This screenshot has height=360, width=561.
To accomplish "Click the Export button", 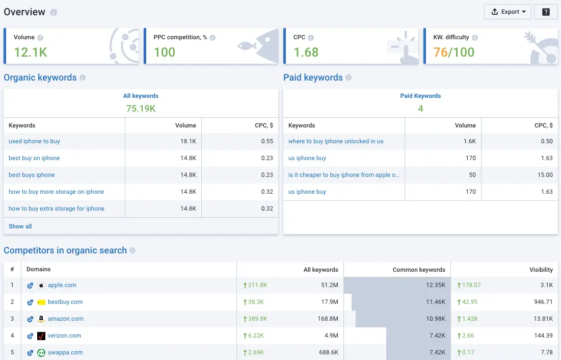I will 507,12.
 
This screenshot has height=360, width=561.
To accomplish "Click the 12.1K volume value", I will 31,52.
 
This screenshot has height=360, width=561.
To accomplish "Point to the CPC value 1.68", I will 306,52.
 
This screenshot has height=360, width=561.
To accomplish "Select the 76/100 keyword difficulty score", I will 453,52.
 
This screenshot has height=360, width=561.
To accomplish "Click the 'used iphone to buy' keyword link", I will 34,141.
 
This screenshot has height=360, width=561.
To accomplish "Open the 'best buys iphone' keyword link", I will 32,175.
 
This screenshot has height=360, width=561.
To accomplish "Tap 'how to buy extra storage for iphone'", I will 57,209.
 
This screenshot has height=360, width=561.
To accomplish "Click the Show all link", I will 20,226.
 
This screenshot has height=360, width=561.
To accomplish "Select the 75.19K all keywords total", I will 141,108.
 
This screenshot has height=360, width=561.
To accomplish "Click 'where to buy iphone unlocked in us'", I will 336,141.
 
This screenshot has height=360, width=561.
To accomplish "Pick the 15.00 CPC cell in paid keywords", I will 545,175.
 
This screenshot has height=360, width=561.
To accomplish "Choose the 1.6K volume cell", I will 469,141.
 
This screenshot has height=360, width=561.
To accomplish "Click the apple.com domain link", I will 62,285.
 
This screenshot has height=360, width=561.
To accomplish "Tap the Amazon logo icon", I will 41,319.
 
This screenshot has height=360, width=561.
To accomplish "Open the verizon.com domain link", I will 64,336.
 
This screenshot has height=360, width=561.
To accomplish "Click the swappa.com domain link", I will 65,352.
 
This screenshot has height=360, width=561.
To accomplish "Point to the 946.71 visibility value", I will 541,302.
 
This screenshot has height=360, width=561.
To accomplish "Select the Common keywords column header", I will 419,270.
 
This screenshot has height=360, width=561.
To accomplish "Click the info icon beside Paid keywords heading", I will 349,78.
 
